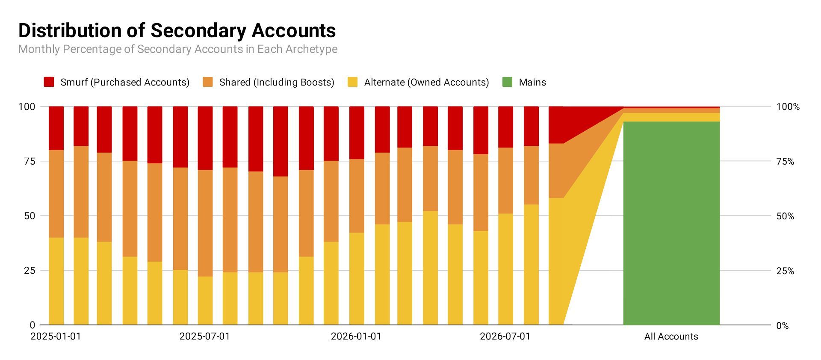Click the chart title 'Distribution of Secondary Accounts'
coord(177,31)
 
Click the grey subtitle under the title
coord(178,49)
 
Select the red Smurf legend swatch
coord(49,82)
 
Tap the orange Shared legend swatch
coord(208,82)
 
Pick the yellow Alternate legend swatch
coord(353,82)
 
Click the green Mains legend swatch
coord(507,82)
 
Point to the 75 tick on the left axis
coord(30,161)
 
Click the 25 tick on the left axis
coord(30,271)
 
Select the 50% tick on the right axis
coord(785,216)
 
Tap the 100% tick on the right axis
coord(788,107)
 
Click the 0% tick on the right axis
coord(783,326)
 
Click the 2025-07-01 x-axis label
coord(204,336)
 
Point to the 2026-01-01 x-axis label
coord(356,336)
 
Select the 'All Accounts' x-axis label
coord(671,336)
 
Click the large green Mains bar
coord(671,223)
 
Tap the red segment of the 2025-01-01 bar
coord(56,128)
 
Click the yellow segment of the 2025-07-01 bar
coord(205,301)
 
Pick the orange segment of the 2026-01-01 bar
coord(357,196)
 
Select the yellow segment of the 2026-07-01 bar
coord(505,269)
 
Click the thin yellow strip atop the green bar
coord(671,117)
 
